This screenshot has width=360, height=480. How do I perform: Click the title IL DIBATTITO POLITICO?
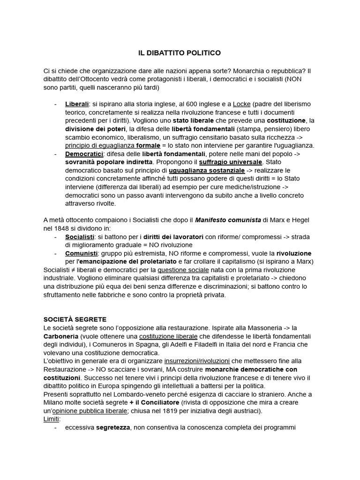180,53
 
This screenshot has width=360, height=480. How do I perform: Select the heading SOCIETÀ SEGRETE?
75,319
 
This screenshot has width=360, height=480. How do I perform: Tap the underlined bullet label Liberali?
77,104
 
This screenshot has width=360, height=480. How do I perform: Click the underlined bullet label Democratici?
84,154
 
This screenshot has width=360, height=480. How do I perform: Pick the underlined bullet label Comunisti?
81,253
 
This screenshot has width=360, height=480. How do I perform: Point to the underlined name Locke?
242,104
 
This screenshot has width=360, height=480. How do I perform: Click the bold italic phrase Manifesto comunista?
227,220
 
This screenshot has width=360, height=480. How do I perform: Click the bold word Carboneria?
60,336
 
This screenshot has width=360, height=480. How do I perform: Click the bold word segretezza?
114,428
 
